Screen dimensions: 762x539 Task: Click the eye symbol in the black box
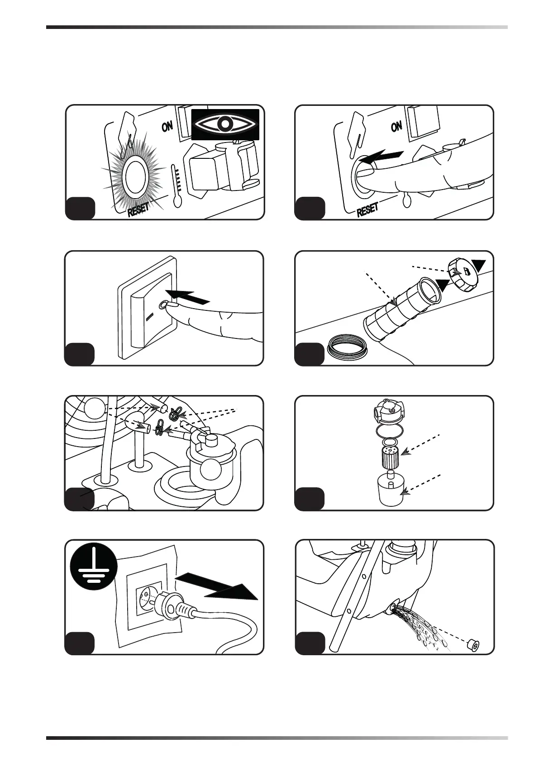[225, 124]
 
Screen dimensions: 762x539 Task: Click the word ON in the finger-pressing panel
[396, 126]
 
